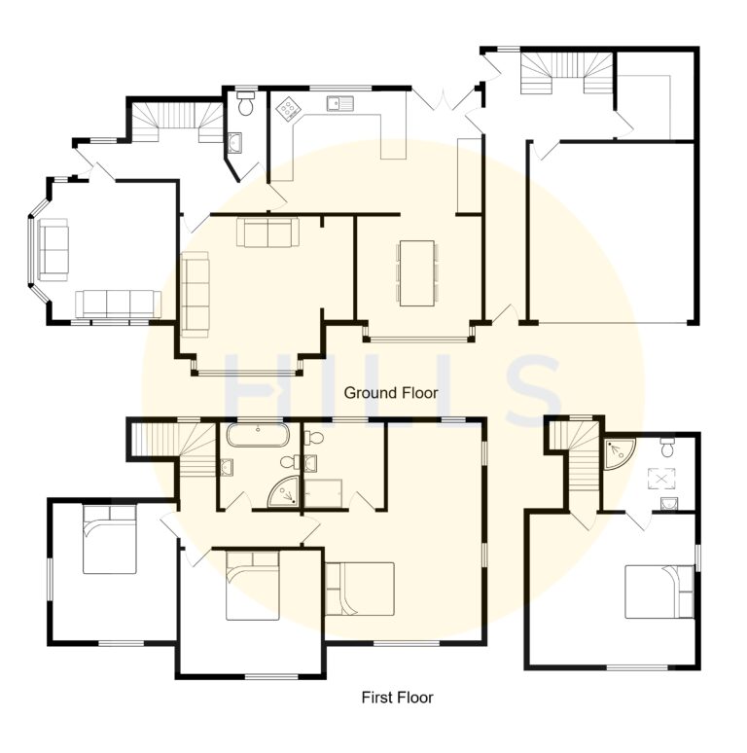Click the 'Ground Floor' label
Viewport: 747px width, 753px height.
click(x=391, y=393)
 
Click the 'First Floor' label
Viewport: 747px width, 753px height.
click(x=397, y=698)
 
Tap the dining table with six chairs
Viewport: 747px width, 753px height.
click(x=416, y=273)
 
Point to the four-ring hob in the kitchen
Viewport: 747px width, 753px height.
click(x=288, y=109)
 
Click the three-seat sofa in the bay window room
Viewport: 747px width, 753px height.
click(x=118, y=304)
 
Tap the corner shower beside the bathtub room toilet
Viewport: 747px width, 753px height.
click(x=286, y=493)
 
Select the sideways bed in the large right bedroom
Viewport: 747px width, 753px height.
click(x=360, y=589)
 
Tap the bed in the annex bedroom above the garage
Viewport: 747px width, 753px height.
click(x=658, y=592)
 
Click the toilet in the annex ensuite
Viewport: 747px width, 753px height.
click(x=667, y=448)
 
